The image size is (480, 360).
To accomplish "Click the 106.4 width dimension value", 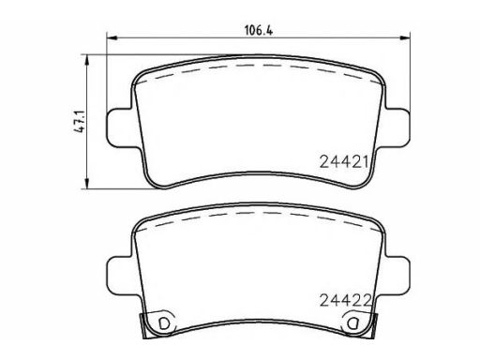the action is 259,31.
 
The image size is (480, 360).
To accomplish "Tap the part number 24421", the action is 344,162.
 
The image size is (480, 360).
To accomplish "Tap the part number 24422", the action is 345,300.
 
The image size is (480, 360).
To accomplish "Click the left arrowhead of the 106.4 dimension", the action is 112,37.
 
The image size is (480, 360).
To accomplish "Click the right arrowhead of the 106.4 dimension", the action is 405,37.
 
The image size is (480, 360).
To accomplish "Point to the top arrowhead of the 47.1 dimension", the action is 87,60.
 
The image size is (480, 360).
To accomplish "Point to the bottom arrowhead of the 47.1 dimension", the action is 87,184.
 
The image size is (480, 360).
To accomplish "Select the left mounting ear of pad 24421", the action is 120,127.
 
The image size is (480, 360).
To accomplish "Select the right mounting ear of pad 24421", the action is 397,127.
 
